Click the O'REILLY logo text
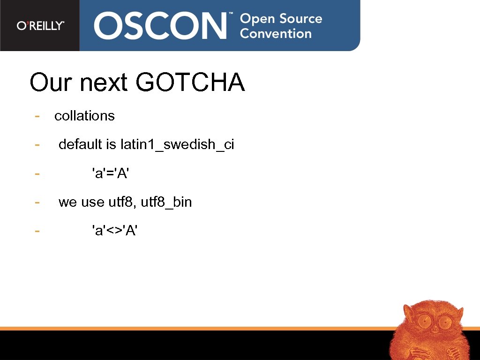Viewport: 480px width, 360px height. tap(40, 26)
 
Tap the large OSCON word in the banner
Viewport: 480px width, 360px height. tap(160, 26)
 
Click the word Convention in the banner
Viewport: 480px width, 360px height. tap(276, 34)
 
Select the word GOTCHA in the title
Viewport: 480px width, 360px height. tap(190, 82)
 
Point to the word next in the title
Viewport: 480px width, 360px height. tap(104, 83)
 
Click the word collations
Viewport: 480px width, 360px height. tap(84, 116)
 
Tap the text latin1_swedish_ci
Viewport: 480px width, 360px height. tap(177, 145)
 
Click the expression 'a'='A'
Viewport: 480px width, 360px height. tap(111, 173)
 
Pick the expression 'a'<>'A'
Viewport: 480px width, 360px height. tap(115, 231)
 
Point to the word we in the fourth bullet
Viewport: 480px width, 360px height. tap(67, 202)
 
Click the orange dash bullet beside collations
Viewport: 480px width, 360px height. tap(37, 116)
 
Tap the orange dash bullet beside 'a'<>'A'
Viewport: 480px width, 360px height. tap(37, 231)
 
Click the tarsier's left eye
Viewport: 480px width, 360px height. tap(424, 322)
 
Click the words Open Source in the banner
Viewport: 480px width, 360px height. tap(281, 19)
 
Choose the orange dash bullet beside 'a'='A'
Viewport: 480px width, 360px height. tap(37, 173)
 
